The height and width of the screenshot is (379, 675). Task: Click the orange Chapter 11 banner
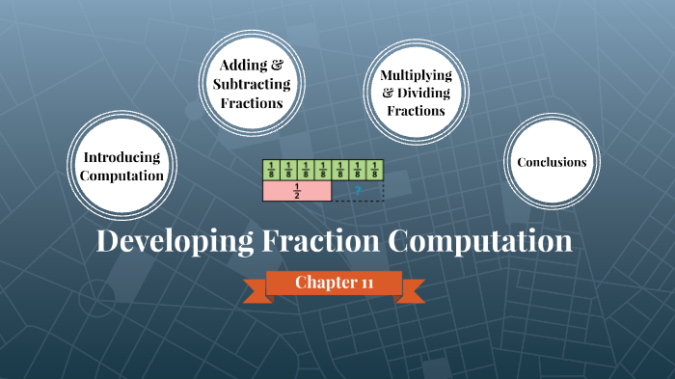click(334, 283)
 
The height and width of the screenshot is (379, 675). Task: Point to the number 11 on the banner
click(366, 283)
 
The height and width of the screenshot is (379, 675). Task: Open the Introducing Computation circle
click(121, 166)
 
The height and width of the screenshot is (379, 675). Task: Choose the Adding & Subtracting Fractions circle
click(251, 83)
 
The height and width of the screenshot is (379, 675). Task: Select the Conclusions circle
click(552, 162)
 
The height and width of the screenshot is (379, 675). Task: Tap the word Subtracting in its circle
click(251, 83)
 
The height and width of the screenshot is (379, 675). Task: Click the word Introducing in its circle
click(121, 156)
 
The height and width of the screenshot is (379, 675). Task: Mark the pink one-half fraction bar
click(297, 191)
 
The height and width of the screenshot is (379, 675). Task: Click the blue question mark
click(358, 191)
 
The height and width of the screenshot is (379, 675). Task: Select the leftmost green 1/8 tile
click(271, 171)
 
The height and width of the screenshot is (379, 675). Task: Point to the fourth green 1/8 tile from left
click(323, 171)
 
